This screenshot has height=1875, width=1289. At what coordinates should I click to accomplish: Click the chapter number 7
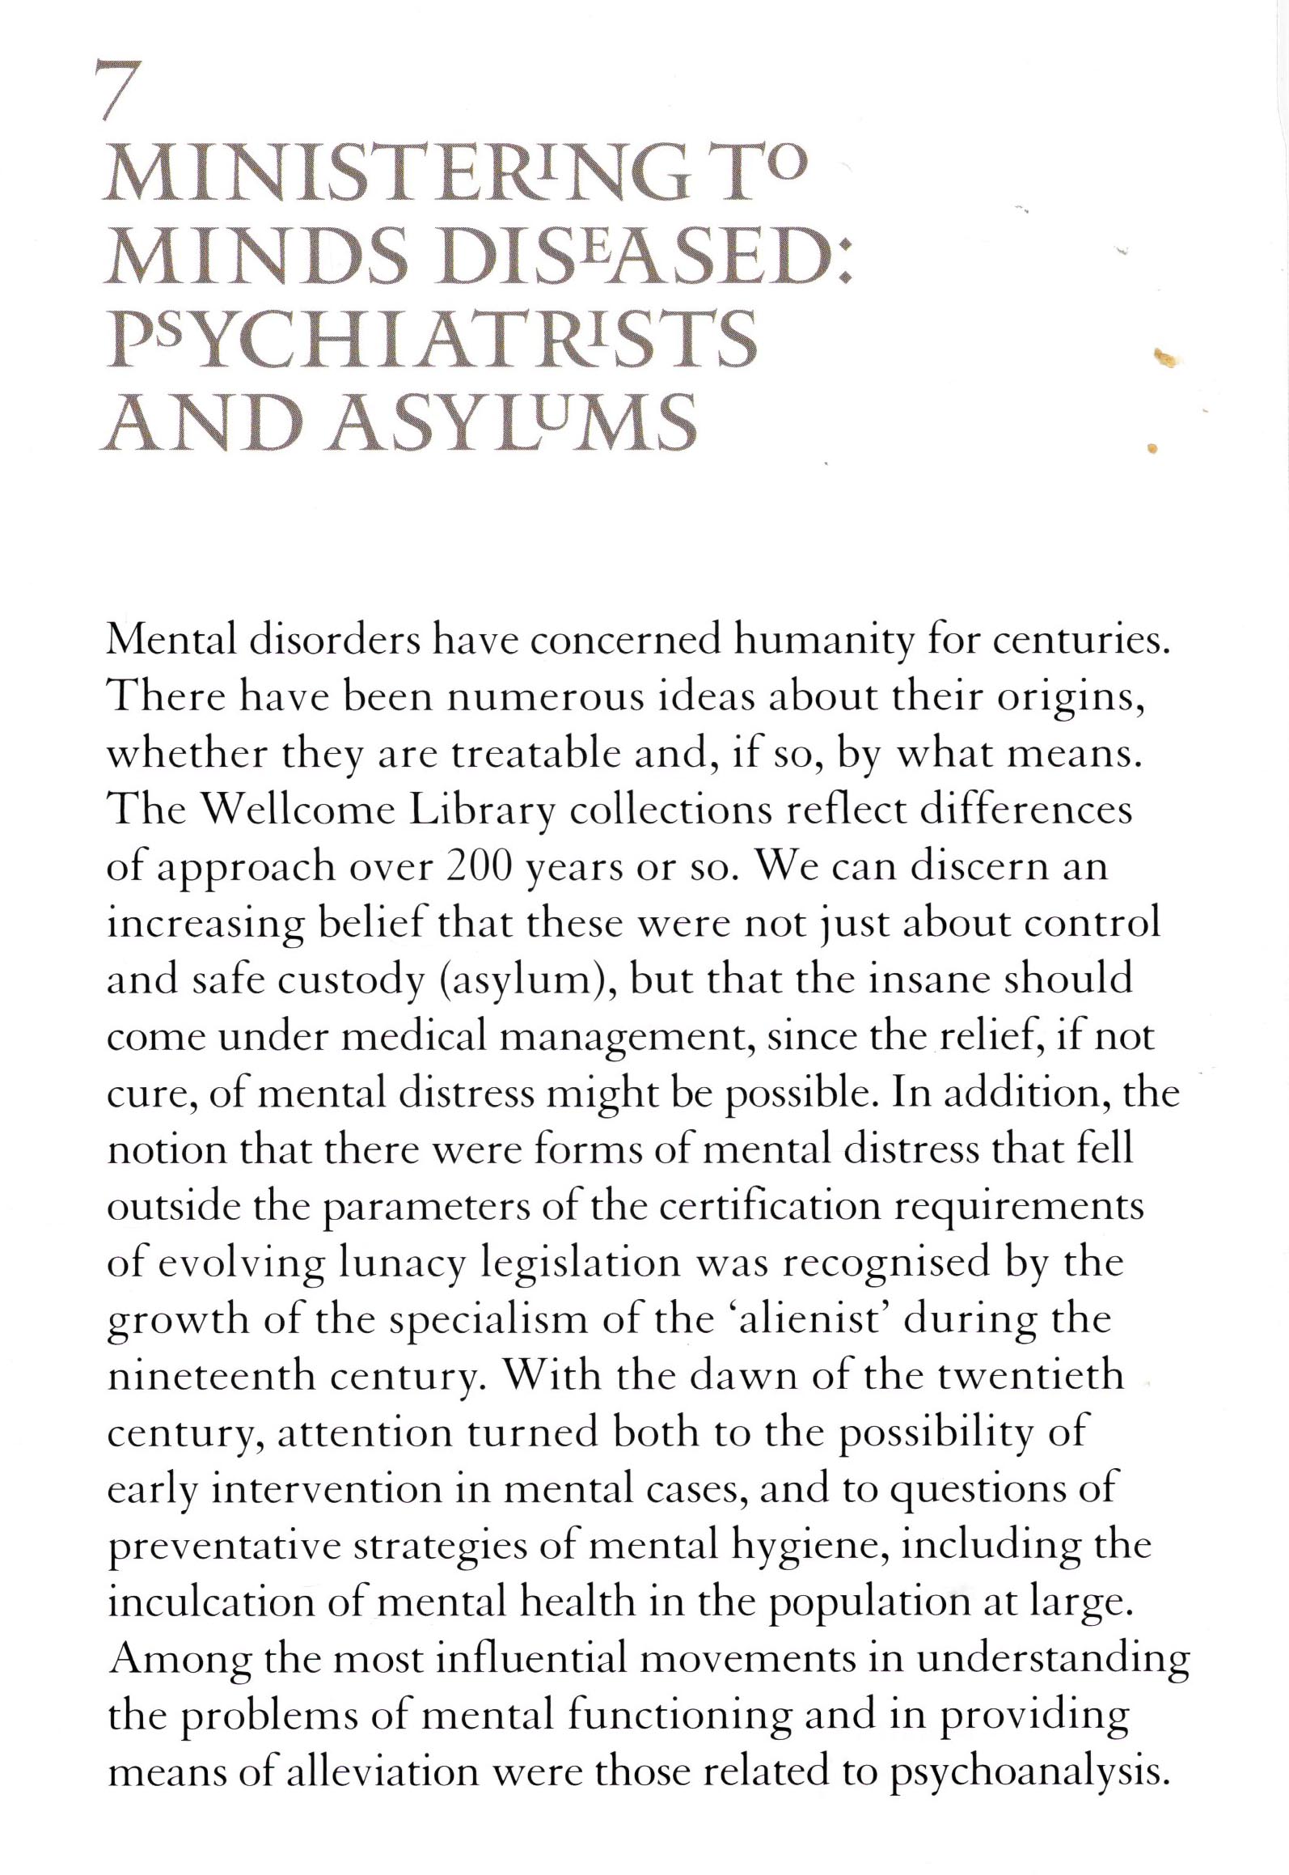pos(115,91)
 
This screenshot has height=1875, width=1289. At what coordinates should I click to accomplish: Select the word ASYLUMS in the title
pos(513,423)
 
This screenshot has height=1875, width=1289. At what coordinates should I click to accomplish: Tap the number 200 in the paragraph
pos(480,867)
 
